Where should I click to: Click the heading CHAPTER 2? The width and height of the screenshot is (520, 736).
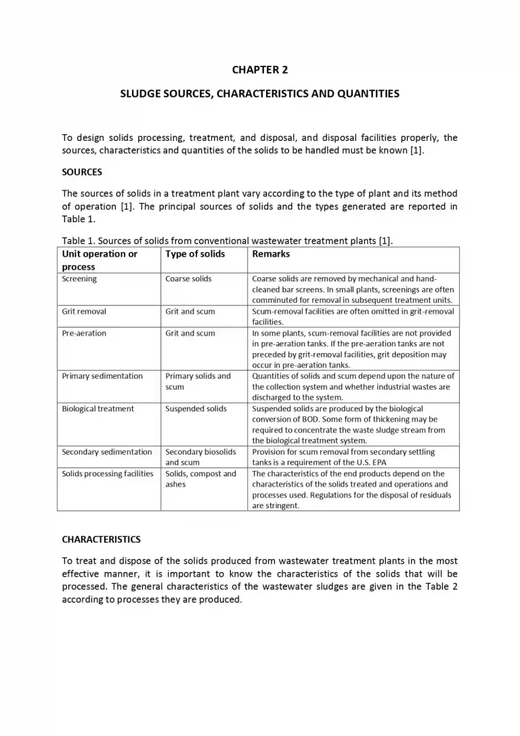pos(259,70)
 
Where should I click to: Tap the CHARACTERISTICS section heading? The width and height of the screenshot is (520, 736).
pos(101,539)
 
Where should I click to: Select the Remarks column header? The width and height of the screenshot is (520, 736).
pos(270,254)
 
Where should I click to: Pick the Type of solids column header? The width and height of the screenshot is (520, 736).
pos(195,254)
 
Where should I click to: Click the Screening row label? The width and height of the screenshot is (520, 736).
pos(79,279)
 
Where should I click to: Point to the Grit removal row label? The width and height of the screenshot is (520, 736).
pos(84,311)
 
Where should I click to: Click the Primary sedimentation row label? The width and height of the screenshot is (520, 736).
pos(102,376)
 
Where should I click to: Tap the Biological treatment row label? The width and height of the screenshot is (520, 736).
pos(97,409)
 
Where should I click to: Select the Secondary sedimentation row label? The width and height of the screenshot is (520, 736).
pos(106,452)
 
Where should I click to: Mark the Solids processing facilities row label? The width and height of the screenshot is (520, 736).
pos(108,474)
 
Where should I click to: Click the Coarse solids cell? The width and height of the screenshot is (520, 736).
pos(188,279)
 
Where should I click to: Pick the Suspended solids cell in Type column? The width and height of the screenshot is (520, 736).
pos(196,409)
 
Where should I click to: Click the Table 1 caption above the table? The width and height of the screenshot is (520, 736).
pos(227,241)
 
